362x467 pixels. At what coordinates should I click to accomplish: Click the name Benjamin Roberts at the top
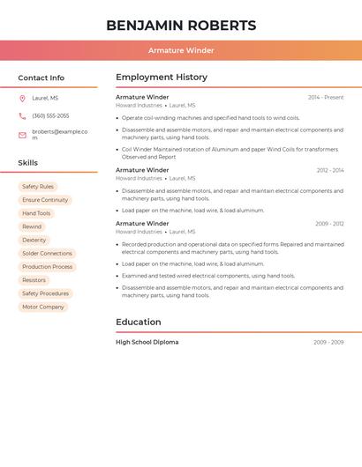click(x=181, y=26)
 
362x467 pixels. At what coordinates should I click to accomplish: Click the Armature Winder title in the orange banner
click(x=181, y=50)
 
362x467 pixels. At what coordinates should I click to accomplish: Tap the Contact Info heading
click(x=41, y=78)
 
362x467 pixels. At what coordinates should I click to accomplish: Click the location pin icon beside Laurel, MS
click(x=22, y=99)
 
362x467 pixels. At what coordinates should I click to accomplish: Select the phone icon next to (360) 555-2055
click(x=22, y=116)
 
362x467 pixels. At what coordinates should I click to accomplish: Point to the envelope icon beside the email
click(x=22, y=135)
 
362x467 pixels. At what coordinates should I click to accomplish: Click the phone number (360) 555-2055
click(x=50, y=116)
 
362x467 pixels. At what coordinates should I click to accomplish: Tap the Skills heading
click(x=27, y=163)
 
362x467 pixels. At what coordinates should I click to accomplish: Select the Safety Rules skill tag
click(x=38, y=187)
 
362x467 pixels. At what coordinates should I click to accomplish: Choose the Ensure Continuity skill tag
click(x=45, y=200)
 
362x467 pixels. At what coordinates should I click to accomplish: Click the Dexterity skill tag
click(x=34, y=240)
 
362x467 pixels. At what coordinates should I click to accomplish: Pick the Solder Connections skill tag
click(x=47, y=254)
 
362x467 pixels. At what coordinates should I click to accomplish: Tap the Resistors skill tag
click(x=34, y=280)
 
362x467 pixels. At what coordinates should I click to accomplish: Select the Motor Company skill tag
click(x=43, y=307)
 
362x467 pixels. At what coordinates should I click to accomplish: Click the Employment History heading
click(x=162, y=78)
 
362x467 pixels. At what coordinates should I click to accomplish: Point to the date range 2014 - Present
click(x=326, y=98)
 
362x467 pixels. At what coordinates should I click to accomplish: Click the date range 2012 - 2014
click(x=330, y=170)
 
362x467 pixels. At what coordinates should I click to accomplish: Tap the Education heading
click(x=139, y=322)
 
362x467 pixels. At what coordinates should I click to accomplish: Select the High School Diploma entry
click(x=147, y=342)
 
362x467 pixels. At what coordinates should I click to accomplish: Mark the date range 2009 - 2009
click(x=328, y=342)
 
